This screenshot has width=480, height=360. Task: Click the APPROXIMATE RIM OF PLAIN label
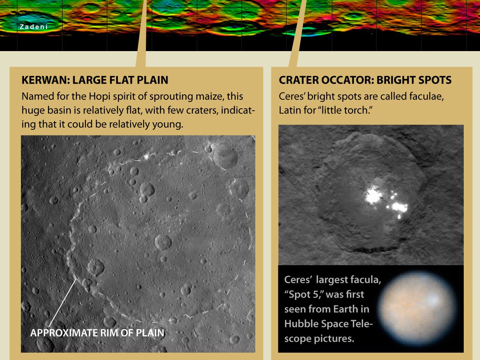97,333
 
